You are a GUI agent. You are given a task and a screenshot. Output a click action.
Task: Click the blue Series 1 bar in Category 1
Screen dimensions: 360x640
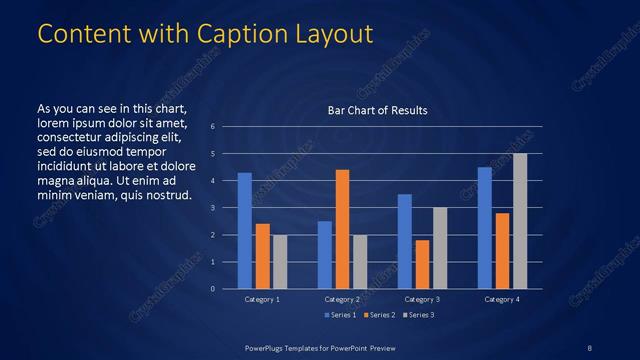pos(245,231)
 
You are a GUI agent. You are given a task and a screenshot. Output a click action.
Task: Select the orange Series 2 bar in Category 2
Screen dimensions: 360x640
pos(342,229)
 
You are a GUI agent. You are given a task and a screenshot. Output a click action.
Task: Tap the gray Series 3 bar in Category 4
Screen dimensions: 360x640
pos(520,221)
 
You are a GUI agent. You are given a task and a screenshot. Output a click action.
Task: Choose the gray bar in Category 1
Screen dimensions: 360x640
pos(280,262)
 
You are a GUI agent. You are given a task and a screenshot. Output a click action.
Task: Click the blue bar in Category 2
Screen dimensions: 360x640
pos(324,255)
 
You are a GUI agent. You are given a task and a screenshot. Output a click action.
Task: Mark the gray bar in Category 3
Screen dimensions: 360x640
pos(440,248)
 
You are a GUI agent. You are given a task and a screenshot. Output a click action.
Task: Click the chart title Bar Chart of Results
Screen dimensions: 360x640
pos(378,110)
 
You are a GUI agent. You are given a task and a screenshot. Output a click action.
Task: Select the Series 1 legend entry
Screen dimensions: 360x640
pos(341,315)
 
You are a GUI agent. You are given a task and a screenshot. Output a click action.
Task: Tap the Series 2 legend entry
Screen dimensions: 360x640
pos(380,315)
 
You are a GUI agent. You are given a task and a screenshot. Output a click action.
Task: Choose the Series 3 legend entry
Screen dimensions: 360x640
pos(419,315)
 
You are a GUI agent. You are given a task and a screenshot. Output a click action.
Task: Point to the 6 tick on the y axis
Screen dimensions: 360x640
pos(213,126)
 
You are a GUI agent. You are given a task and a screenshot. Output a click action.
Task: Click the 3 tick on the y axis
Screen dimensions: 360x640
pos(213,207)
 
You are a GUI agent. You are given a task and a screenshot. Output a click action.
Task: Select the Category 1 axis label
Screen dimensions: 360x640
pos(262,299)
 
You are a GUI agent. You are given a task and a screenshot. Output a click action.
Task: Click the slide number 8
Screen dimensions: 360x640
pos(590,347)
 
